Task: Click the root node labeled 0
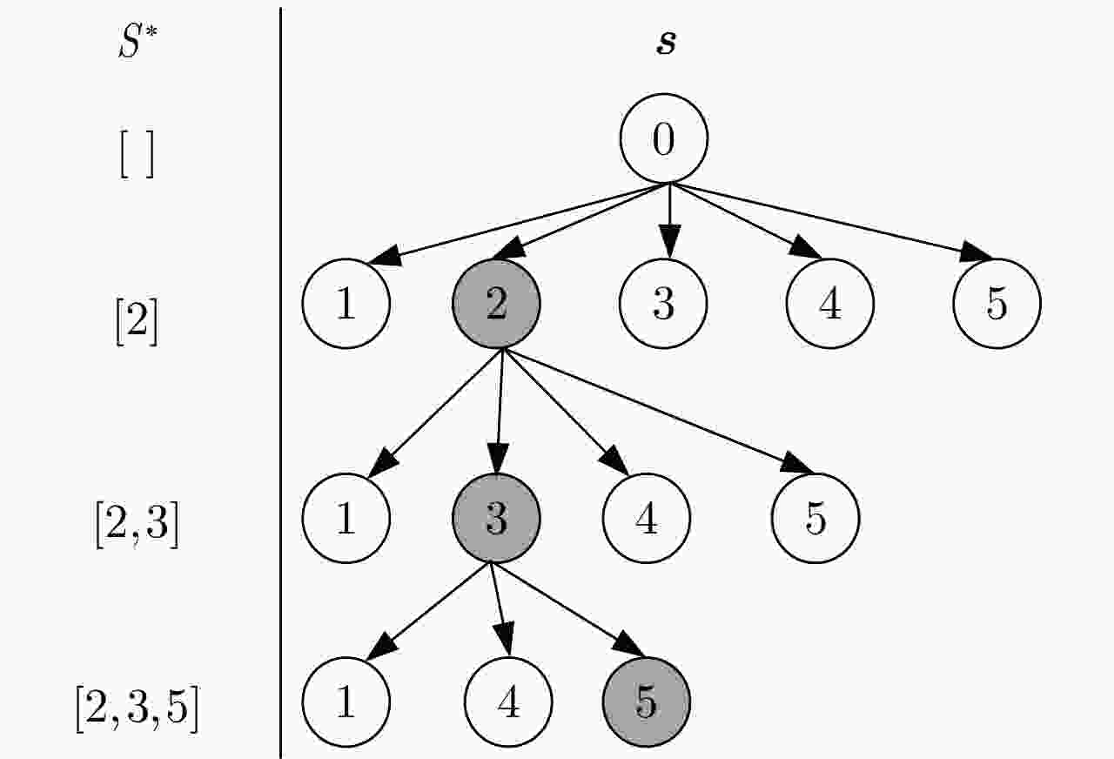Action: pyautogui.click(x=664, y=139)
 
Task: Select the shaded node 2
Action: pyautogui.click(x=497, y=305)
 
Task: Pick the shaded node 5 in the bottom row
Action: pyautogui.click(x=646, y=702)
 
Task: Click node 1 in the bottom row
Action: pyautogui.click(x=346, y=702)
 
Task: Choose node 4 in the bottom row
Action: pyautogui.click(x=508, y=702)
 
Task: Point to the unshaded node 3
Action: pyautogui.click(x=664, y=305)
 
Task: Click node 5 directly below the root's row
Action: pyautogui.click(x=997, y=305)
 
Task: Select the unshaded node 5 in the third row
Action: pyautogui.click(x=815, y=518)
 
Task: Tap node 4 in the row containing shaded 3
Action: pyautogui.click(x=647, y=518)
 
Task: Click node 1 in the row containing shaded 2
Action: pyautogui.click(x=346, y=305)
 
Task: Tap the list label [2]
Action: pyautogui.click(x=137, y=323)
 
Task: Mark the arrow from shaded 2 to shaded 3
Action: pyautogui.click(x=499, y=409)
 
